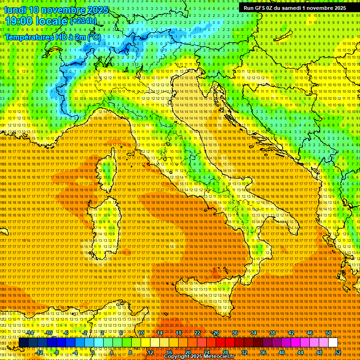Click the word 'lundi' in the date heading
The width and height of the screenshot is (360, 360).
(x=15, y=10)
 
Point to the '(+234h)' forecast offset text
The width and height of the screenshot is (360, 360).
(x=83, y=21)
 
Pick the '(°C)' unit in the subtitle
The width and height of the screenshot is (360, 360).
(x=94, y=37)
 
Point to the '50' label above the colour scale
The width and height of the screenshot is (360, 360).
(x=328, y=333)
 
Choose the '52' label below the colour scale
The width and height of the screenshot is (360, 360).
(x=337, y=352)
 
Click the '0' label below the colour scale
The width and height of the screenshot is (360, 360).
(x=93, y=352)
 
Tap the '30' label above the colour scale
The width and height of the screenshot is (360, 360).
(x=234, y=333)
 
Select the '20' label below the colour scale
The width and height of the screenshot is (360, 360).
(x=187, y=352)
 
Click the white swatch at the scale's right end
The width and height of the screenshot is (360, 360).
(x=333, y=342)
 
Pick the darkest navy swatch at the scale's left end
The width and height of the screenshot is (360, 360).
(x=23, y=342)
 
